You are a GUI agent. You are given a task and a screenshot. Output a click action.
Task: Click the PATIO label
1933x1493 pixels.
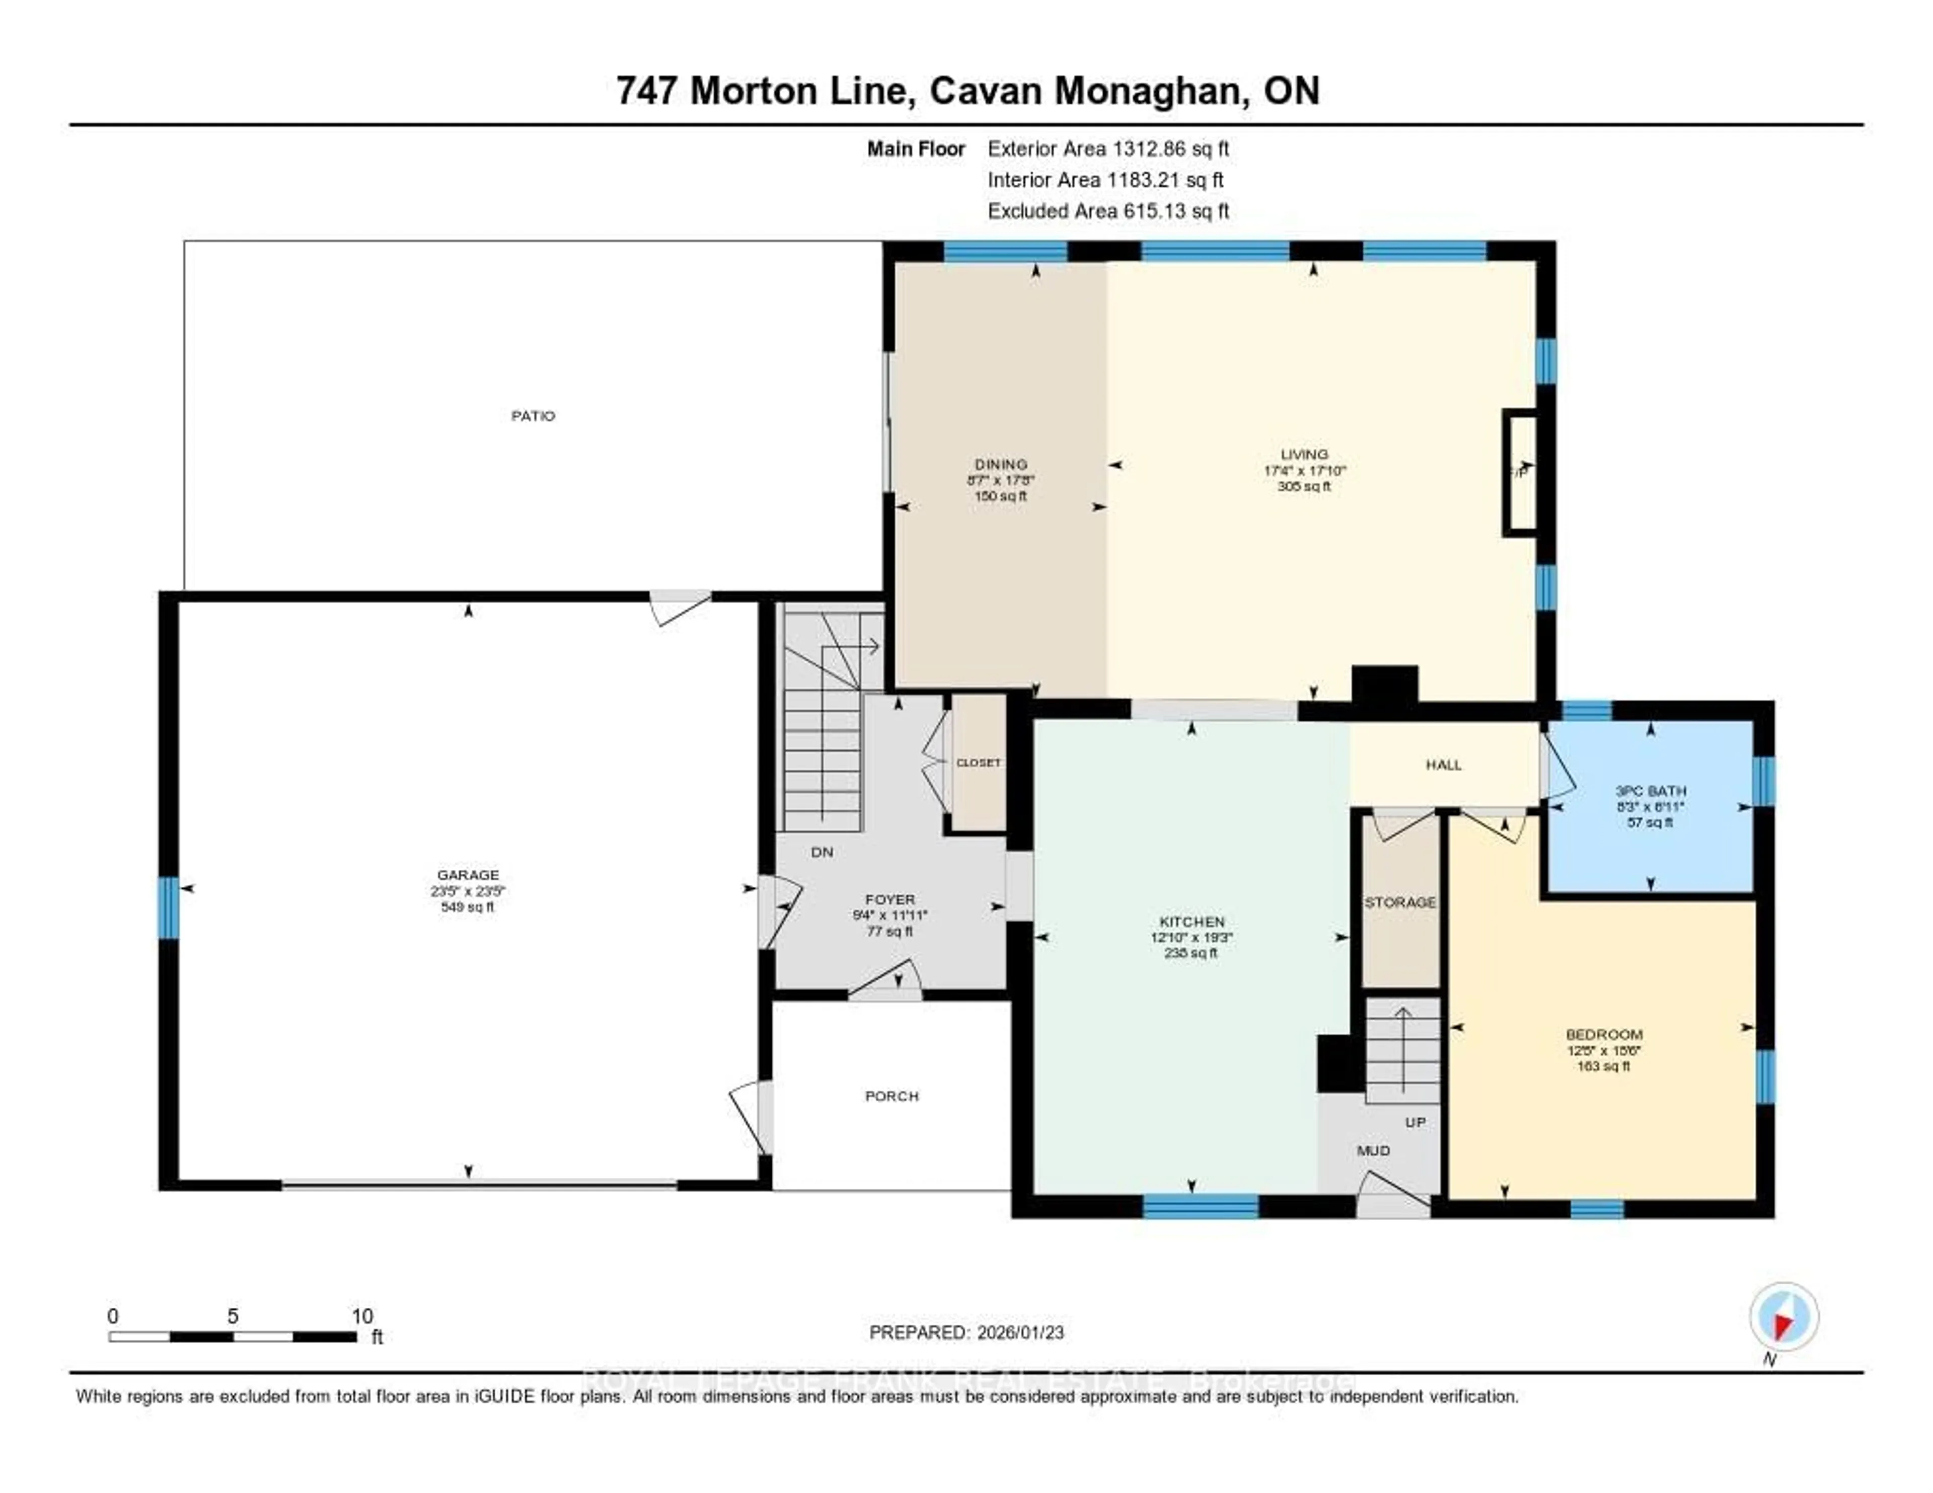coord(533,416)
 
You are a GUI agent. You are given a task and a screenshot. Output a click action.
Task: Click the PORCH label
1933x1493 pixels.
coord(891,1096)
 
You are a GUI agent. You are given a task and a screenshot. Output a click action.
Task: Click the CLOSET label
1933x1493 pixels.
coord(978,762)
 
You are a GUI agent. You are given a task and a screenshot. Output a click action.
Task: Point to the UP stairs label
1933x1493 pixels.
coord(1415,1122)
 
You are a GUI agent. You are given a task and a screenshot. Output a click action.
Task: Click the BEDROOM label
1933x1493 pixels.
coord(1604,1034)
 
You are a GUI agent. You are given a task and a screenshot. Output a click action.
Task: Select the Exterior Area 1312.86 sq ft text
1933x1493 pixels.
coord(1108,148)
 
